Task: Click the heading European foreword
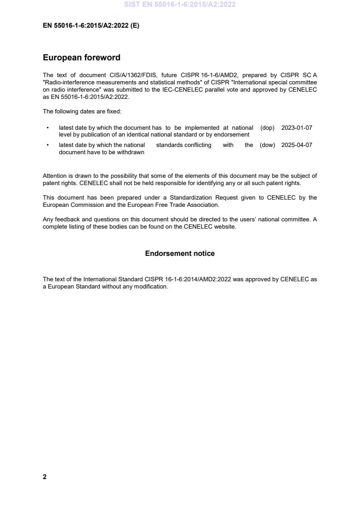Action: (x=82, y=58)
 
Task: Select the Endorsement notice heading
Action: (x=180, y=254)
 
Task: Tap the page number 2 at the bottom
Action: (x=44, y=477)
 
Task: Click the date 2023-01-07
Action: (x=297, y=128)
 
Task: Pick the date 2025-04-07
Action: (x=297, y=145)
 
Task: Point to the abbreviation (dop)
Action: (x=267, y=128)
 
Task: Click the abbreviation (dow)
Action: (x=267, y=145)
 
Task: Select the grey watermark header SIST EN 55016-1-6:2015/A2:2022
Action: (x=180, y=5)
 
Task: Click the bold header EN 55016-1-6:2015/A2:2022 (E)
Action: (x=91, y=26)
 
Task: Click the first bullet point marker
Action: (x=47, y=128)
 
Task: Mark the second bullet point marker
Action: (x=47, y=145)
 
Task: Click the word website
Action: (x=226, y=226)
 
